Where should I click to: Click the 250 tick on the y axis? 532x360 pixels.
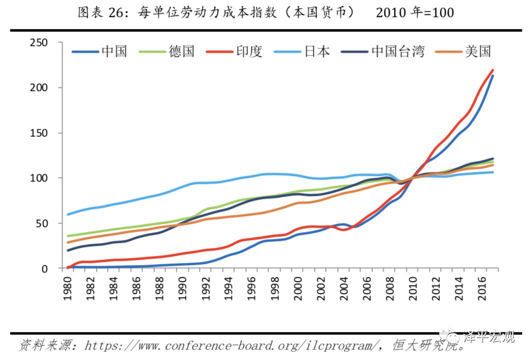point(52,43)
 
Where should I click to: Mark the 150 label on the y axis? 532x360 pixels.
point(52,133)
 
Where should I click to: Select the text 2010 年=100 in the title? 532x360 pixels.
point(414,12)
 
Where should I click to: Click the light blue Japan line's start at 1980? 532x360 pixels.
point(67,214)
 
